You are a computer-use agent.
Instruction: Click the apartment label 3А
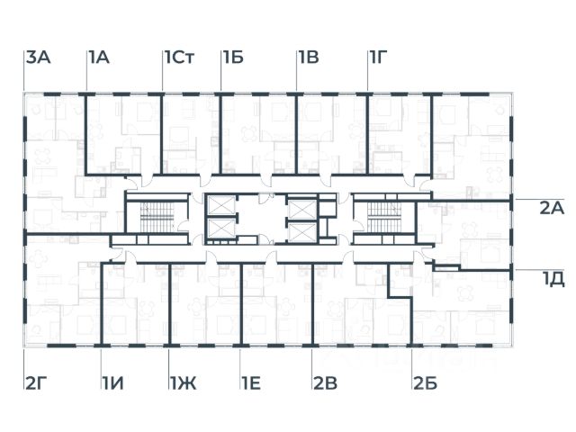click(x=38, y=58)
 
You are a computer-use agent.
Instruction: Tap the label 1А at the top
click(x=98, y=58)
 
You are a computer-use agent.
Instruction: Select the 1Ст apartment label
click(x=179, y=58)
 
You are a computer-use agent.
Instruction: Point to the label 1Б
click(x=233, y=58)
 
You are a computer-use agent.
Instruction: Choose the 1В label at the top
click(x=309, y=58)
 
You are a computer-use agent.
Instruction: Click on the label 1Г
click(x=379, y=58)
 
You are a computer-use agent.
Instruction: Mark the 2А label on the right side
click(x=551, y=208)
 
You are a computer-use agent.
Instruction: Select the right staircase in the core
click(x=382, y=217)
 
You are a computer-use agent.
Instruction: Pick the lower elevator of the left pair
click(x=220, y=229)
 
